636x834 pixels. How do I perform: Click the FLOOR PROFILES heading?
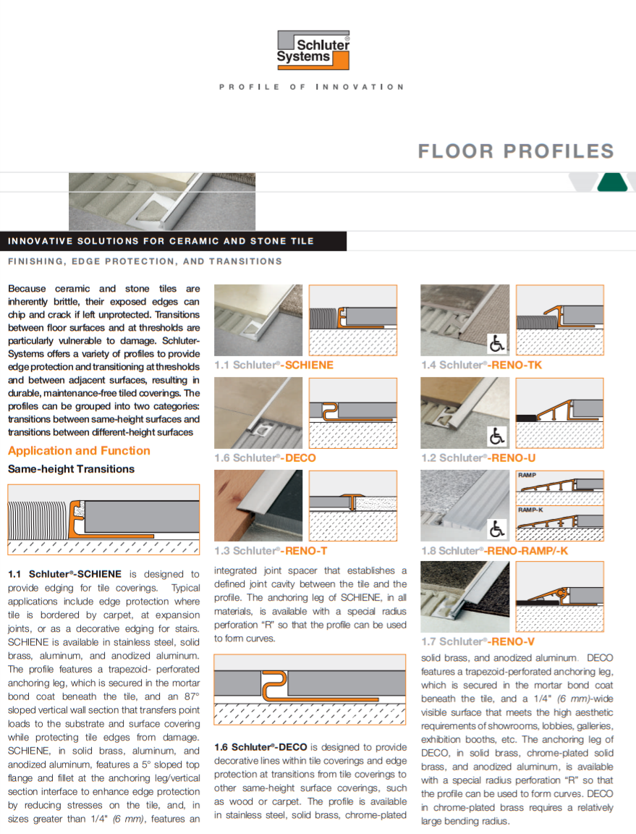pyautogui.click(x=516, y=151)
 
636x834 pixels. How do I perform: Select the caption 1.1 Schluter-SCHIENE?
pyautogui.click(x=274, y=365)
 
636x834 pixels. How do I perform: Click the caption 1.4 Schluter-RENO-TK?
pyautogui.click(x=481, y=365)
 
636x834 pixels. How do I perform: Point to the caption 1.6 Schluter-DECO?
pyautogui.click(x=265, y=458)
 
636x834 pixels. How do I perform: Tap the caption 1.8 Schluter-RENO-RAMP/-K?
pyautogui.click(x=494, y=551)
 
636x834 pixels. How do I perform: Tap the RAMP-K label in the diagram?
pyautogui.click(x=530, y=510)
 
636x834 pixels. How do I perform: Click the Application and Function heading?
pyautogui.click(x=79, y=450)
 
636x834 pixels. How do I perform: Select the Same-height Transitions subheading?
pyautogui.click(x=71, y=469)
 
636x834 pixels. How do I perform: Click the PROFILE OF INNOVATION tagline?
pyautogui.click(x=312, y=87)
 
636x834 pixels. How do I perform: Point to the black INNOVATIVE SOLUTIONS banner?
pyautogui.click(x=173, y=241)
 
